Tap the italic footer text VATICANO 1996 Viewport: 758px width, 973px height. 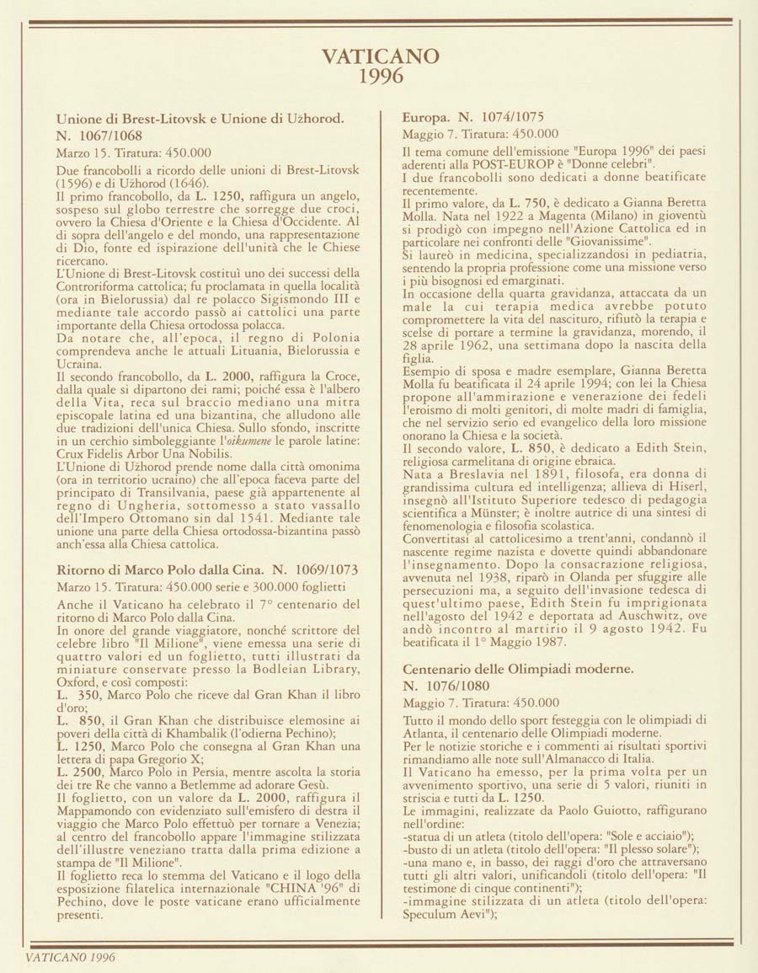(x=70, y=958)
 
